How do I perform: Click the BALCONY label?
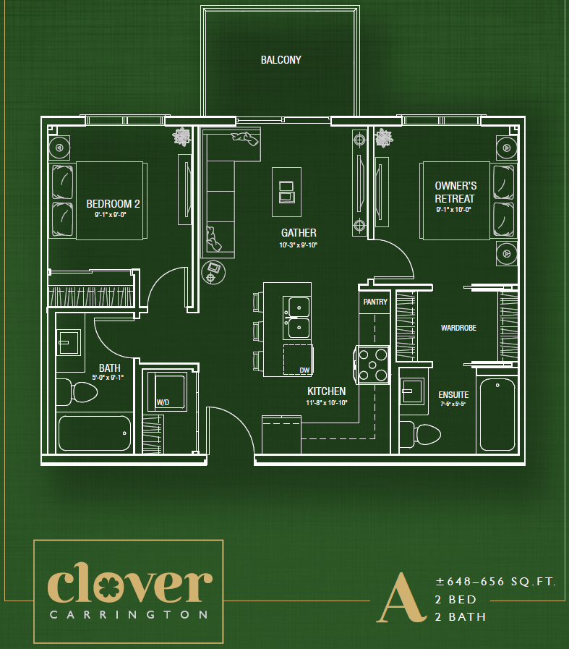(281, 60)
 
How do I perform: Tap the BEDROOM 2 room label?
(113, 204)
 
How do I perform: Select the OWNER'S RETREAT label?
(455, 192)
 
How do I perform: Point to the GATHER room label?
(299, 233)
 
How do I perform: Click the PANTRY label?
(375, 302)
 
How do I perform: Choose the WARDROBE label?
(458, 328)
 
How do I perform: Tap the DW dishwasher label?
(304, 370)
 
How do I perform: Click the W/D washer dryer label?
(163, 402)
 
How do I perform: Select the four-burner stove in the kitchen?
(372, 365)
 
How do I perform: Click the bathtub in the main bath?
(94, 433)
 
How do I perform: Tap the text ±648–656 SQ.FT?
(495, 582)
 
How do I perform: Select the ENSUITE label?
(453, 395)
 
